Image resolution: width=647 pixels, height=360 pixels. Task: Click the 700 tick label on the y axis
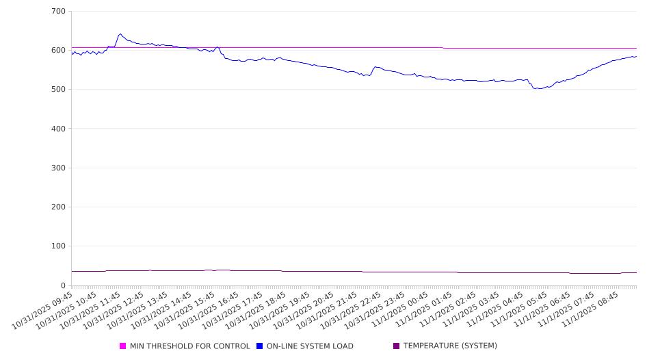click(58, 12)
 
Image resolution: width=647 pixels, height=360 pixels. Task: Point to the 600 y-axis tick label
click(58, 51)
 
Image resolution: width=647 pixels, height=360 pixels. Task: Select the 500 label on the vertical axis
click(58, 90)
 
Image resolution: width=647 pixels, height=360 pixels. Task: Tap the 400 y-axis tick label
click(58, 129)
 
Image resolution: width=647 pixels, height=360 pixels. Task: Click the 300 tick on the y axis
click(58, 168)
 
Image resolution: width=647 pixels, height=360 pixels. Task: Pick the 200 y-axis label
click(58, 207)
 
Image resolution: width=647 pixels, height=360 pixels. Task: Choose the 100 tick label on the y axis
click(58, 246)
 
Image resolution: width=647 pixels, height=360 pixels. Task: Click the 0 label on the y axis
click(63, 285)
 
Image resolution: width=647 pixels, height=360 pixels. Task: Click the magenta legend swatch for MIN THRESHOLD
click(122, 346)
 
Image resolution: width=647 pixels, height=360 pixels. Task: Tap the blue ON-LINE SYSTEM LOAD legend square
click(259, 346)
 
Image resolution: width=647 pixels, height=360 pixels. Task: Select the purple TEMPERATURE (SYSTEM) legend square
click(396, 346)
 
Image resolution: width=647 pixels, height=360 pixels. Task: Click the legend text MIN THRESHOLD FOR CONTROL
click(189, 346)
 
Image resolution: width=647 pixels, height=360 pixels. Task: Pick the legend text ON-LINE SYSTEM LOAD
click(310, 346)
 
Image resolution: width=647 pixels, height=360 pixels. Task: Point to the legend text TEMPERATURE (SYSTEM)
click(450, 346)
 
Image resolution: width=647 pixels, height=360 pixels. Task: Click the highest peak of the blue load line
click(120, 34)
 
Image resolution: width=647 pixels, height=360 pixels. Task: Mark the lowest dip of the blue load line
click(538, 89)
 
